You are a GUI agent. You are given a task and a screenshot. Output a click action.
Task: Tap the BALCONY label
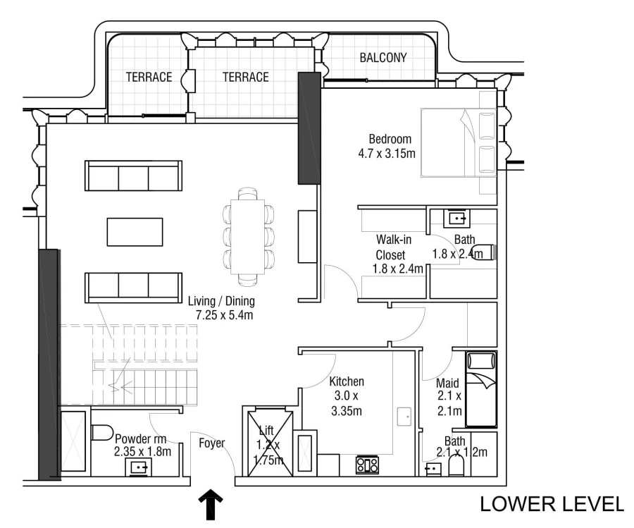coord(383,58)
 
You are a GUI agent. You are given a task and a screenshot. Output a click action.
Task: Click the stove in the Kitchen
coord(367,465)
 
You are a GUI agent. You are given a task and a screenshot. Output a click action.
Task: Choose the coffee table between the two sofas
coord(135,231)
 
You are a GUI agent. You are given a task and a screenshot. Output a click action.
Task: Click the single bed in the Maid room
coord(481,389)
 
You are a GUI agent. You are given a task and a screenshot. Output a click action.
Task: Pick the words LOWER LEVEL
coord(552,504)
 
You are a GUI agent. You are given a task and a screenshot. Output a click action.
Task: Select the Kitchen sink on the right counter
coord(404,416)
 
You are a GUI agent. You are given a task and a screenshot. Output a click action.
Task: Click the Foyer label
coord(211,443)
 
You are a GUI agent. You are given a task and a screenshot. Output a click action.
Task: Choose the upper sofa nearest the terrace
coord(133,176)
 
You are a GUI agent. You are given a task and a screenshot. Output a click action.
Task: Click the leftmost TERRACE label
coord(149,77)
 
